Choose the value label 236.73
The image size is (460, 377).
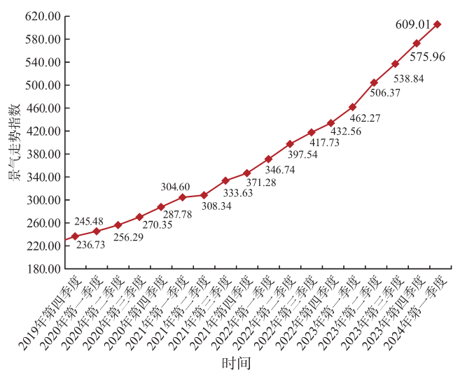point(91,244)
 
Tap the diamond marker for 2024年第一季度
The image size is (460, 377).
point(438,24)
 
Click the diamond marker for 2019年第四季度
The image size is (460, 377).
point(75,236)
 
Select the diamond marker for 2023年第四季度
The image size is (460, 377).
point(417,43)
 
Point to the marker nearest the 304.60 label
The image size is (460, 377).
point(182,197)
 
